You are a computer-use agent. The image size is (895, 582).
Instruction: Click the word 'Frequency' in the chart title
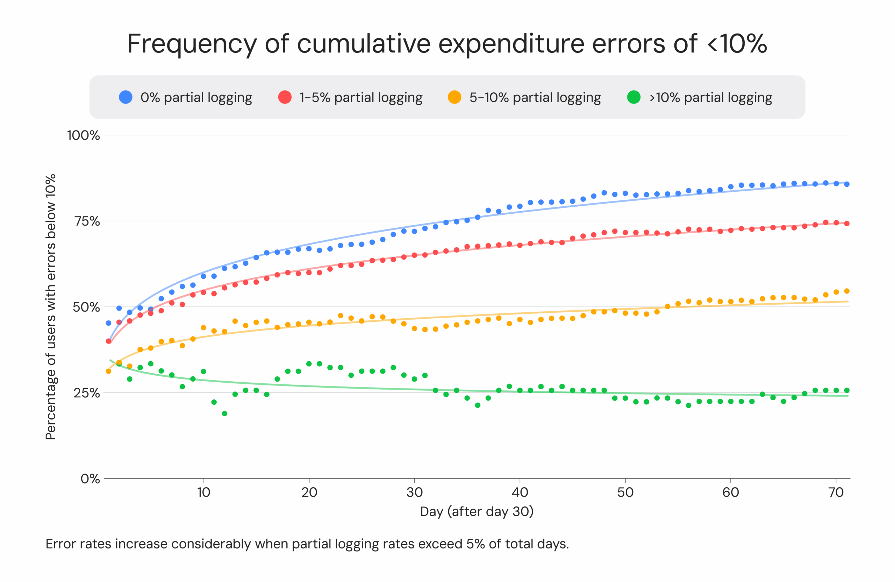[192, 44]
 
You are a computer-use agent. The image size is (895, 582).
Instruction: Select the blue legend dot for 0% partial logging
[126, 97]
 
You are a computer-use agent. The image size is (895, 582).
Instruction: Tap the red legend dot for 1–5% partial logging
[285, 97]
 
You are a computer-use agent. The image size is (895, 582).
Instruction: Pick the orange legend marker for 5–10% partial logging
[454, 97]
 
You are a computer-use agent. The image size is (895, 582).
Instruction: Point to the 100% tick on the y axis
[84, 135]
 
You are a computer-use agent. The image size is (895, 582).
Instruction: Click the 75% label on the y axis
[87, 221]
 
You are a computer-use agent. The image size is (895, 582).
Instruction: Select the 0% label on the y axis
[90, 479]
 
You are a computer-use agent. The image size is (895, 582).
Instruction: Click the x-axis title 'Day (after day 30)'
[477, 512]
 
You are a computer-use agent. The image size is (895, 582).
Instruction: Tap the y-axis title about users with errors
[50, 307]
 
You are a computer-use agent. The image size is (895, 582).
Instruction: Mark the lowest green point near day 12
[224, 414]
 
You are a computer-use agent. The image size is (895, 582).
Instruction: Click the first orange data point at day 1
[109, 371]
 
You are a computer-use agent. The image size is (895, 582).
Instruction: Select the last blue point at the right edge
[847, 184]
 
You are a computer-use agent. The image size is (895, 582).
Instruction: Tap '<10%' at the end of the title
[737, 44]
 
